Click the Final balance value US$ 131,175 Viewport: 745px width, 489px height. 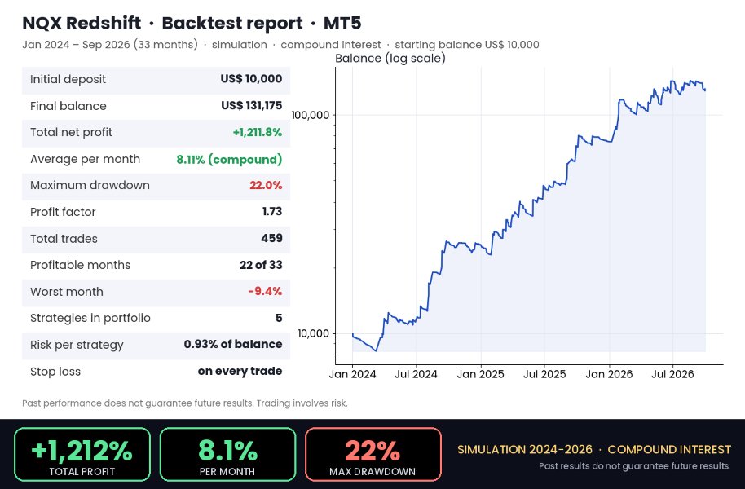pos(251,105)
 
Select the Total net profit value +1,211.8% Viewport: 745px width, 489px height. pos(257,132)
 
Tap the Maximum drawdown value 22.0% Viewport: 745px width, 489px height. pos(266,185)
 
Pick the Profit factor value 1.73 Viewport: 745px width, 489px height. pos(272,211)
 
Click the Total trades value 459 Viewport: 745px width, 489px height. pos(271,238)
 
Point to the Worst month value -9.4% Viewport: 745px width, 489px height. pos(265,291)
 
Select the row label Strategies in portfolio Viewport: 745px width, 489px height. pos(90,318)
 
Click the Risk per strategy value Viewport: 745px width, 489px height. pos(233,344)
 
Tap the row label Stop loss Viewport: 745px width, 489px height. pos(55,371)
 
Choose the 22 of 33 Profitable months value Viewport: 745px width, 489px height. pos(261,265)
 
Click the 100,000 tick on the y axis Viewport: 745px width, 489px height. pos(311,115)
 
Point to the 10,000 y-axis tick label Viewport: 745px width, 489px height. pos(314,333)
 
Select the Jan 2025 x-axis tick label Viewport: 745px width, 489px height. pos(480,374)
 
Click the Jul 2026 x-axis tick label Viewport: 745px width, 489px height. pos(672,374)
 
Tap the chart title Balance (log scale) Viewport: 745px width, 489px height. pos(390,59)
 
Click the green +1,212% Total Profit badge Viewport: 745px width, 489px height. pos(82,454)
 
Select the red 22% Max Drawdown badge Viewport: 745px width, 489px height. pos(373,454)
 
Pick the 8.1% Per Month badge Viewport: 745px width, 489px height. pos(227,454)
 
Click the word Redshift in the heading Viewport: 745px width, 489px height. pos(103,23)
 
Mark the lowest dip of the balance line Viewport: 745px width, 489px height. pos(376,350)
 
